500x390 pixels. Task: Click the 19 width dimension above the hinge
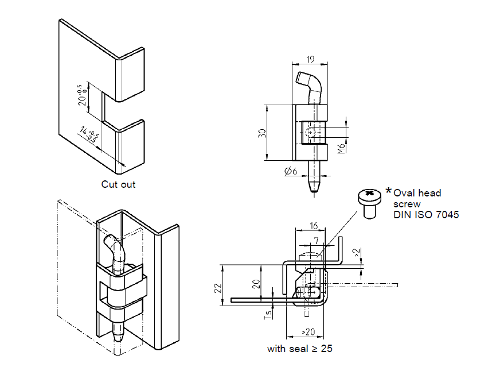[x=310, y=60]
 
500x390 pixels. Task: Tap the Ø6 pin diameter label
[x=290, y=171]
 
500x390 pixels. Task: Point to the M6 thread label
[x=341, y=149]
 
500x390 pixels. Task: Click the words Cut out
[x=118, y=184]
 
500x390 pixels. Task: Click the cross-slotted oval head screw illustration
[x=368, y=202]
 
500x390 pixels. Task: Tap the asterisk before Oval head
[x=389, y=191]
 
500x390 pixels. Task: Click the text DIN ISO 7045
[x=425, y=215]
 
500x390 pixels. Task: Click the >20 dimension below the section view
[x=307, y=332]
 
